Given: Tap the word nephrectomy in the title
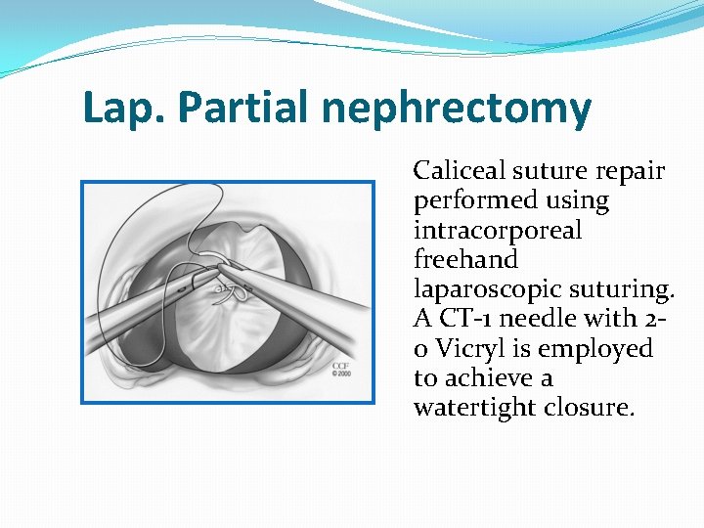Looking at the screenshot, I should [x=456, y=109].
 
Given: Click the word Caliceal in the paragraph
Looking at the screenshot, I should [x=456, y=171].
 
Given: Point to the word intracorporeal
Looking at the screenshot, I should [x=497, y=231].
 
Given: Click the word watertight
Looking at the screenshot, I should [x=472, y=407].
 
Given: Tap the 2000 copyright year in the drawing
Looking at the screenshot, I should [x=341, y=374].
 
